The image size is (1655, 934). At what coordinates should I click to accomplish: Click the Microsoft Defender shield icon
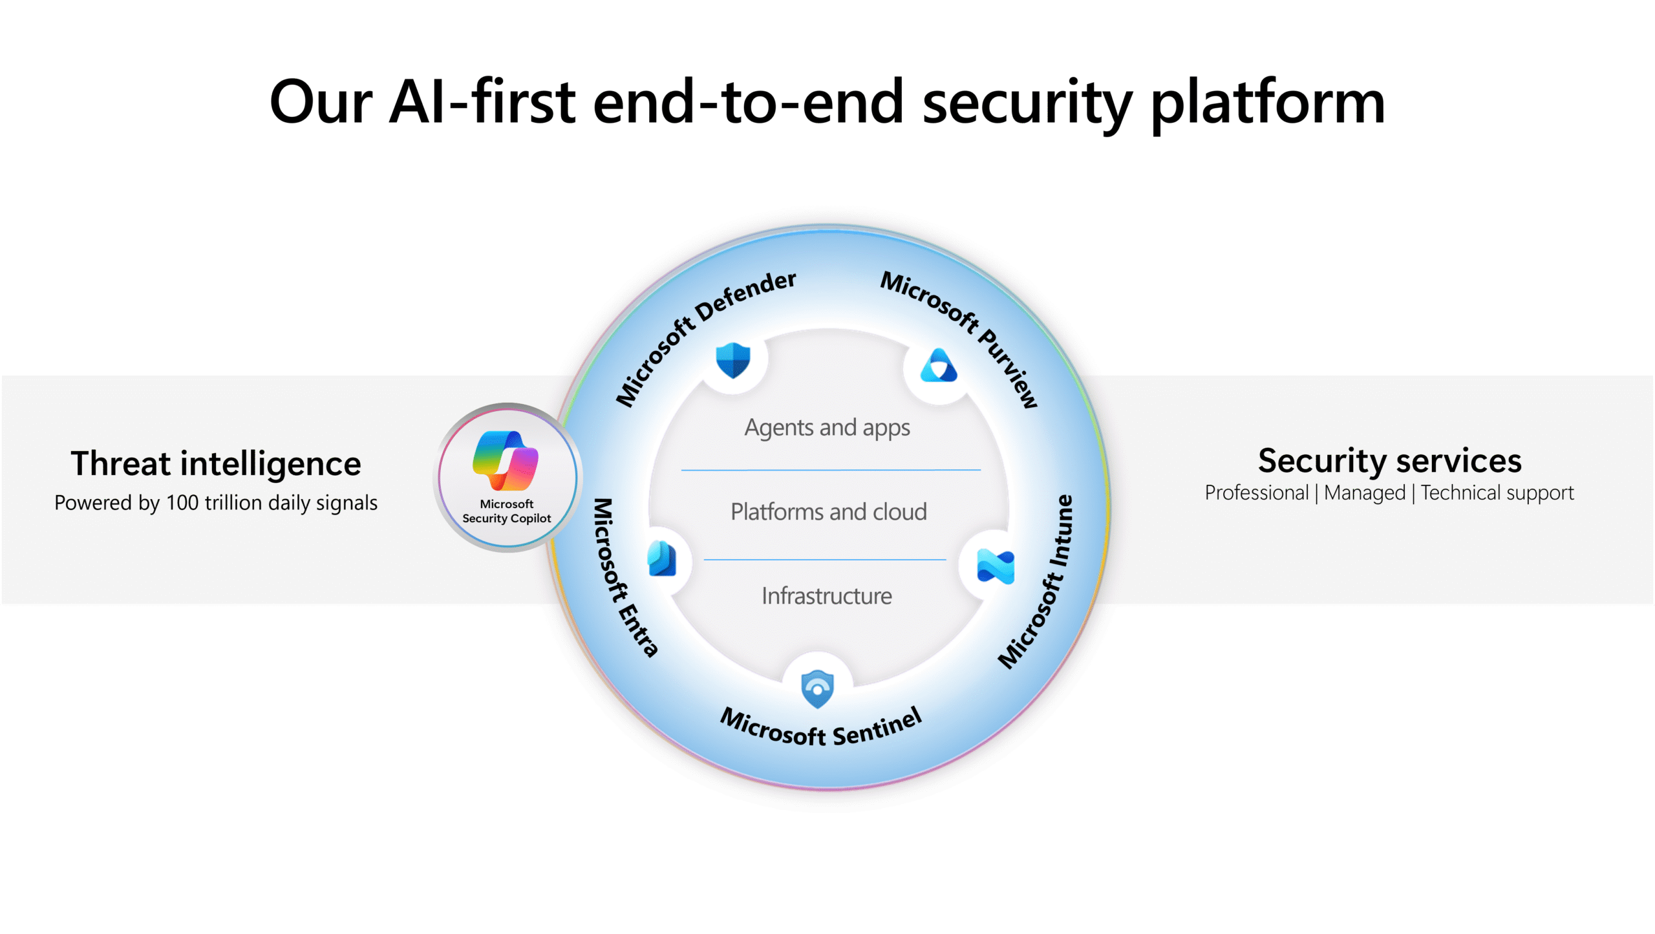[732, 360]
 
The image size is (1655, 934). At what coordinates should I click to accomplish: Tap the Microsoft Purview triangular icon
[938, 366]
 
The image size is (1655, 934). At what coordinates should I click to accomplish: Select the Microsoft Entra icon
[662, 559]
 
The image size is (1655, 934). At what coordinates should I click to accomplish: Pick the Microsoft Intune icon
[995, 566]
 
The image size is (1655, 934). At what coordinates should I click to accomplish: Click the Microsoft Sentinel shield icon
[817, 689]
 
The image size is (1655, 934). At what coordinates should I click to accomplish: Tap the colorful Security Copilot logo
[506, 460]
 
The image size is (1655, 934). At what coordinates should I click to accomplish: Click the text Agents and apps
[827, 428]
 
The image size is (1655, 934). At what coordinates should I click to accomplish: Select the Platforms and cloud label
[828, 512]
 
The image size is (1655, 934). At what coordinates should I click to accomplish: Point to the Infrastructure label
[826, 596]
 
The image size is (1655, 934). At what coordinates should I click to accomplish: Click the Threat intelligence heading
[215, 463]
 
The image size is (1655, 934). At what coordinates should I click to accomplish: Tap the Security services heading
[1389, 461]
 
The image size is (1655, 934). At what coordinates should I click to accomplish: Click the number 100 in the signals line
[182, 503]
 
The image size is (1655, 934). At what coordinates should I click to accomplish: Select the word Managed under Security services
[1364, 493]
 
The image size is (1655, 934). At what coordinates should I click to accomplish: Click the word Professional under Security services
[1256, 493]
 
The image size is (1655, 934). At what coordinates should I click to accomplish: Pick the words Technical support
[1497, 493]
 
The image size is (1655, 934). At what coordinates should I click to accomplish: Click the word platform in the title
[1267, 103]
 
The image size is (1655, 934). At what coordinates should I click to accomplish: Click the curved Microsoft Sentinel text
[821, 728]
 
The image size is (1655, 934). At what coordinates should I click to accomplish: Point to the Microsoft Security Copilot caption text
[506, 511]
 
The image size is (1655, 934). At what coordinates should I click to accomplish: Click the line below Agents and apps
[831, 470]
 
